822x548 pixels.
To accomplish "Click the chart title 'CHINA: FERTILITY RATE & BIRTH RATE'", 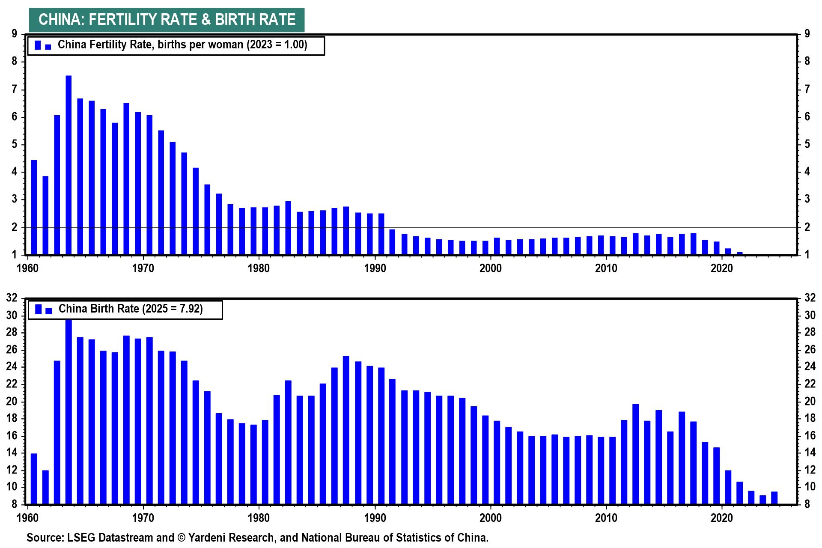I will (x=167, y=20).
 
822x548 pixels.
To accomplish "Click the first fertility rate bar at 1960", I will (x=34, y=208).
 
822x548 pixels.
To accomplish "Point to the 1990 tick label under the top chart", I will (x=375, y=268).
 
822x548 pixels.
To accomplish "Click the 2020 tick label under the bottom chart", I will (x=722, y=518).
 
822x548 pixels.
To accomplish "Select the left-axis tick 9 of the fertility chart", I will (x=14, y=34).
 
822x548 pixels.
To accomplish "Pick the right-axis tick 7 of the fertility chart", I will (x=807, y=89).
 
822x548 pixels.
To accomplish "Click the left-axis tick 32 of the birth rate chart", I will (x=12, y=298).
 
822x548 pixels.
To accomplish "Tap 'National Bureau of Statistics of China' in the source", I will (x=395, y=538).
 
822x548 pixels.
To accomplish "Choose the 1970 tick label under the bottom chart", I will (x=143, y=518).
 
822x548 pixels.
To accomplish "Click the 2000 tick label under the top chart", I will (x=490, y=268).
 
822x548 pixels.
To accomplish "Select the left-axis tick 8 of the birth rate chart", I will (x=14, y=504).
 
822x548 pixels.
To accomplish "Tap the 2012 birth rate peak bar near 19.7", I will (x=635, y=454).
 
